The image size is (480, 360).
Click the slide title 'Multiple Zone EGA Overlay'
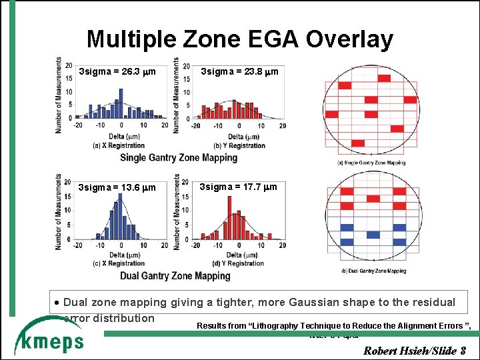(x=239, y=39)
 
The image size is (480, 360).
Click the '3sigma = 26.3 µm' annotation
(x=117, y=71)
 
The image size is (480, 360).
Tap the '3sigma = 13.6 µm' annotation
(x=117, y=187)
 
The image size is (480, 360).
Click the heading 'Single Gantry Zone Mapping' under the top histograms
(x=179, y=157)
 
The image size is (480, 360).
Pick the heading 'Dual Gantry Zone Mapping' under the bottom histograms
(x=175, y=275)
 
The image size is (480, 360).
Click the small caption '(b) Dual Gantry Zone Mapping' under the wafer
(x=373, y=271)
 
